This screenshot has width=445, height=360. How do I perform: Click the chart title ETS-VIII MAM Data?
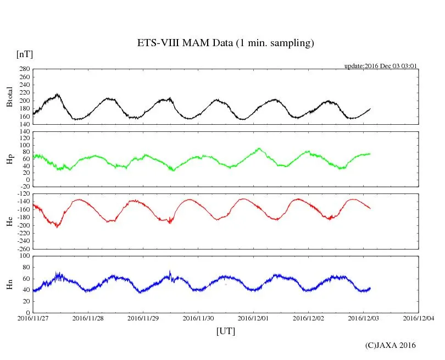tap(225, 43)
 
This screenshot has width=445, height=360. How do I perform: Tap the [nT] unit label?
tap(24, 54)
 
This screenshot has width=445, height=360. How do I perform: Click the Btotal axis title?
tap(9, 97)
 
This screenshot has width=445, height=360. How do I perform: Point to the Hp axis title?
tap(9, 159)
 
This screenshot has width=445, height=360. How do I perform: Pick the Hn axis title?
tap(9, 284)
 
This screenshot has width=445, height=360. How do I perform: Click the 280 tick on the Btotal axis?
tap(24, 69)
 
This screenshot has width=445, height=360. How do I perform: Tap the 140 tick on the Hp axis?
tap(24, 131)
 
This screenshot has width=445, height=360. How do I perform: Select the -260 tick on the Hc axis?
tap(23, 248)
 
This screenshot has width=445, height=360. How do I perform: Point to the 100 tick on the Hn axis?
tap(24, 256)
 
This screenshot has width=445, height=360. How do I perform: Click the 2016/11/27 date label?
tap(33, 318)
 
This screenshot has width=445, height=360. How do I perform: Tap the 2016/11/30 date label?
tap(198, 318)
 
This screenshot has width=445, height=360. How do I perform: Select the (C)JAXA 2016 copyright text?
tap(391, 345)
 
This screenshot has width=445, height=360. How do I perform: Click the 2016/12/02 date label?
tap(309, 318)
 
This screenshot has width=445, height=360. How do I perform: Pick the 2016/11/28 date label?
tap(88, 318)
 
